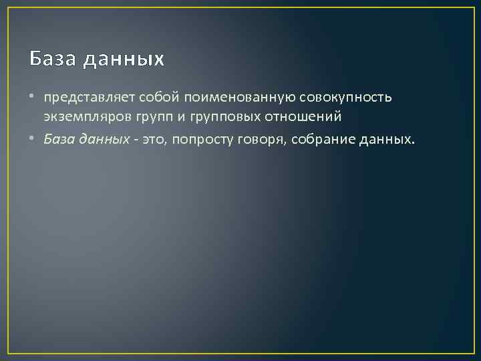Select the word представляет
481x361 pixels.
point(89,98)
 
